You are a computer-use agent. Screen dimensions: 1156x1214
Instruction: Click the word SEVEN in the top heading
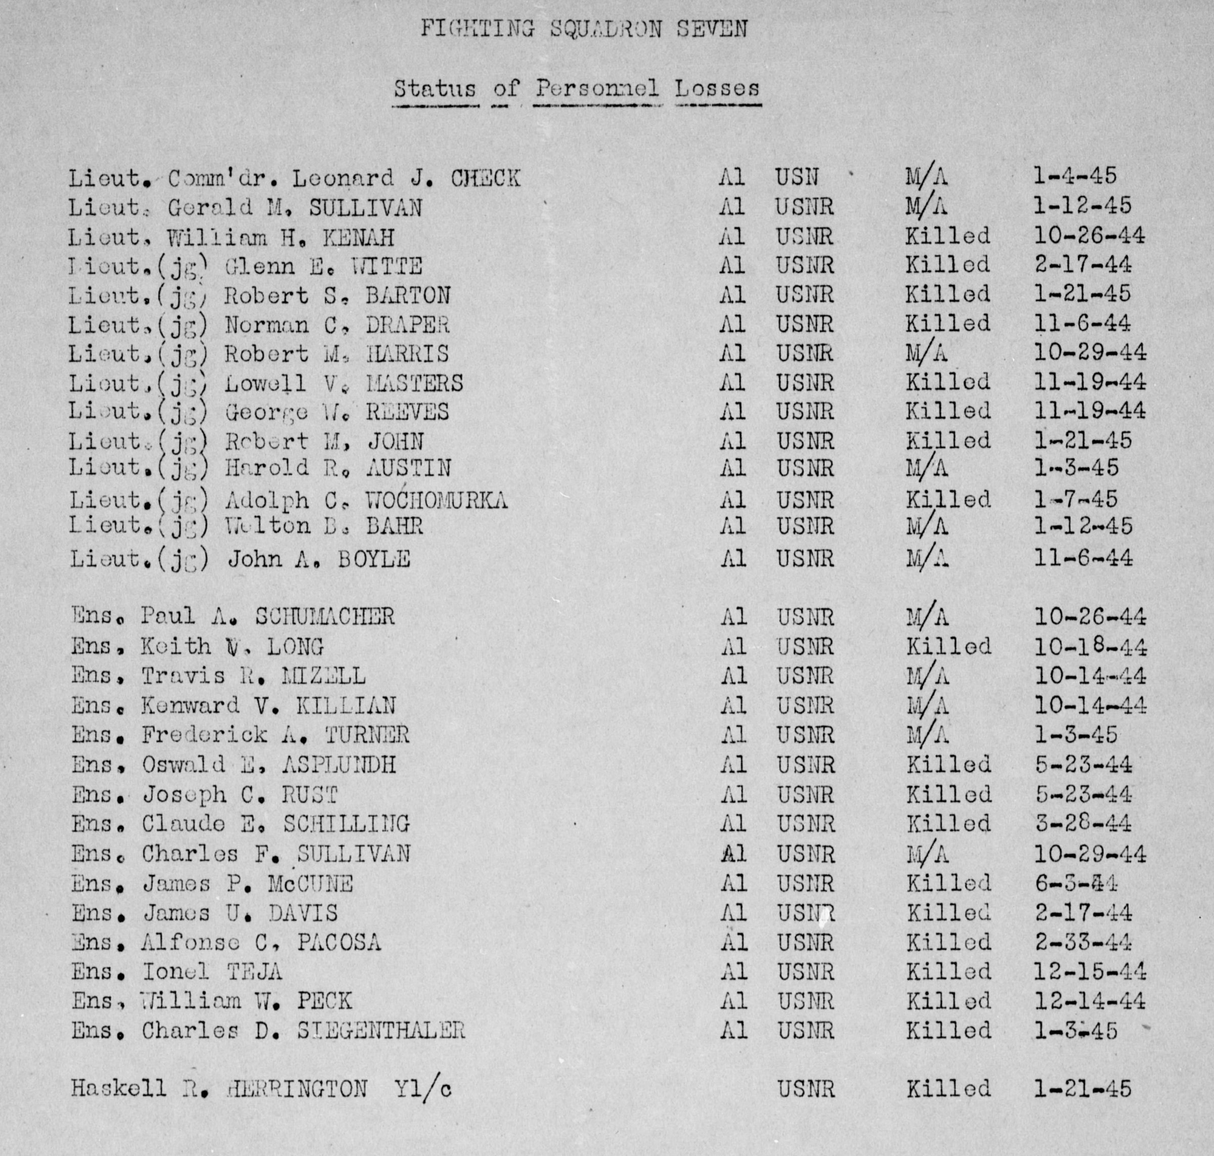point(712,29)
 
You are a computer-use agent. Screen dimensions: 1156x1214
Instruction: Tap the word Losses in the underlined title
point(717,90)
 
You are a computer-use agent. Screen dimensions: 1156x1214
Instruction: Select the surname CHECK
point(486,178)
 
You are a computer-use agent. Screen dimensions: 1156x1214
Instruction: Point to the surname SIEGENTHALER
point(381,1030)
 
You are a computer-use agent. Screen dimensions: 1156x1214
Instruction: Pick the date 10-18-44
point(1090,647)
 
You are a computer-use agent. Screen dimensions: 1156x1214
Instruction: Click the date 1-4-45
point(1075,176)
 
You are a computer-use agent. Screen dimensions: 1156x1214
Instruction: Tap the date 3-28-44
point(1083,824)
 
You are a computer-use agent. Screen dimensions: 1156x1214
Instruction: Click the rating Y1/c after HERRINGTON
point(423,1089)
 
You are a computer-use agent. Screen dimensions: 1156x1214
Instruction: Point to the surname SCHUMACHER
point(325,617)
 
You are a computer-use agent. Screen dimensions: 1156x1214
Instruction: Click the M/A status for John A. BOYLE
point(927,559)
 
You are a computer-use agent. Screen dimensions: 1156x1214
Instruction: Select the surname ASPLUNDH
point(339,765)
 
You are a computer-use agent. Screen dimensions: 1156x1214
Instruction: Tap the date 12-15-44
point(1090,972)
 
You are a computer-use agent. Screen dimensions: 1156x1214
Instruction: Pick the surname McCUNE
point(310,883)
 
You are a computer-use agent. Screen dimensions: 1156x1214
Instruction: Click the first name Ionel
point(176,972)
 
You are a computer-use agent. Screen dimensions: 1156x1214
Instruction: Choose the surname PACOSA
point(339,942)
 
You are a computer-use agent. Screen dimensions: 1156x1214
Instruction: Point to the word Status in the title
point(435,90)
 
